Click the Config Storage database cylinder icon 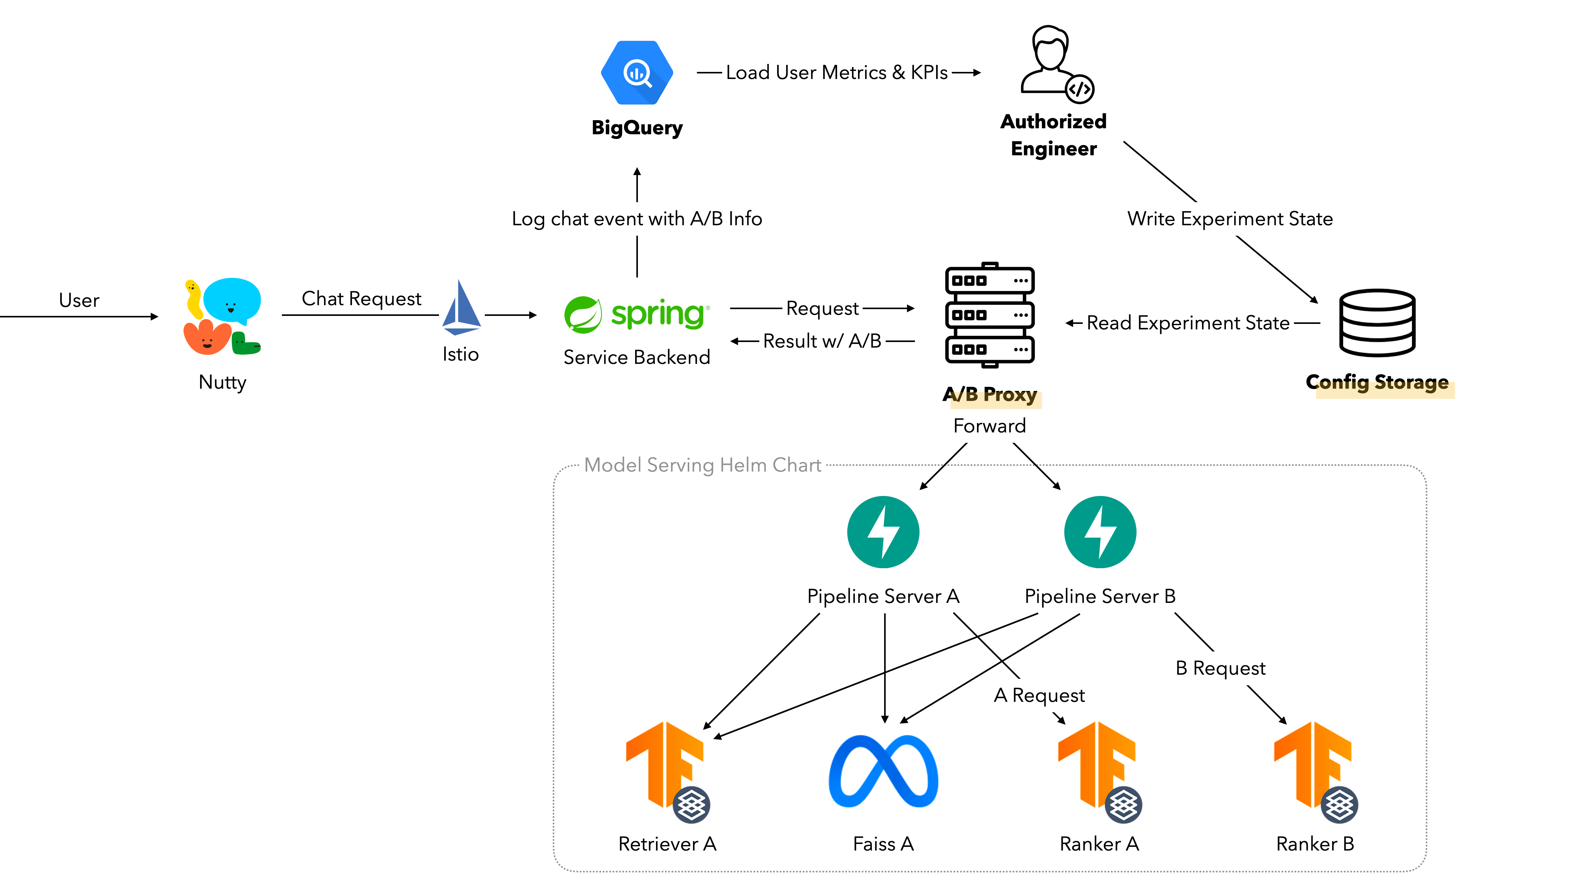click(x=1377, y=322)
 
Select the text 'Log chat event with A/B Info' click(x=637, y=219)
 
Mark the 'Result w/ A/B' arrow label click(x=822, y=341)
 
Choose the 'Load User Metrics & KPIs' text click(x=836, y=73)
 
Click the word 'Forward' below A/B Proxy click(x=989, y=426)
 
